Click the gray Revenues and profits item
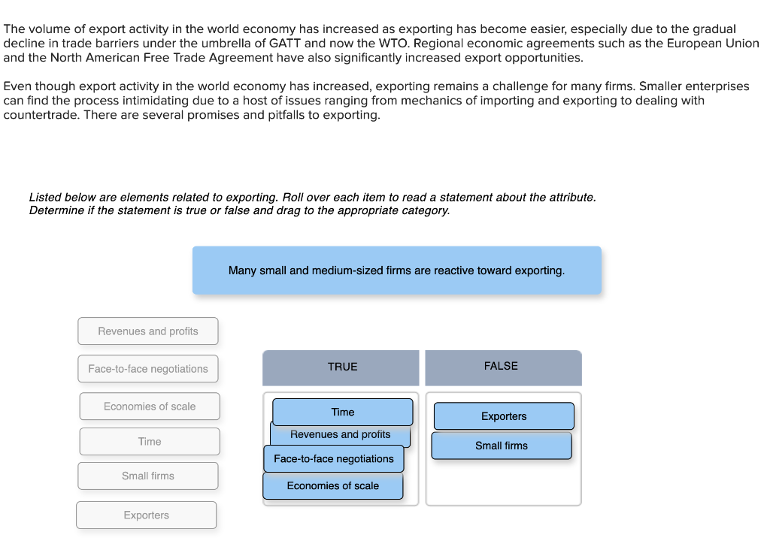click(148, 331)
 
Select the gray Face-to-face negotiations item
click(148, 369)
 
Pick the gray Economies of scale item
click(150, 407)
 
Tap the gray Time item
click(150, 442)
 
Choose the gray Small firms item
click(148, 476)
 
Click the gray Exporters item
click(147, 515)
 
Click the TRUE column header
click(342, 367)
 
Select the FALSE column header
click(502, 367)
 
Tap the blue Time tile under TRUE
click(343, 412)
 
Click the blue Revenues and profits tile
click(341, 435)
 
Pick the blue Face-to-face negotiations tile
click(334, 459)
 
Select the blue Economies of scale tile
click(333, 486)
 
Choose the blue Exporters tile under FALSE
click(504, 416)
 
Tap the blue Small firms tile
click(502, 446)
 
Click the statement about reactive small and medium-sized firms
click(396, 271)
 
